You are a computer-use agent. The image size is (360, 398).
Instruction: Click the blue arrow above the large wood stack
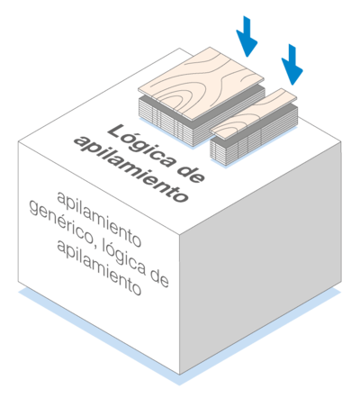247,36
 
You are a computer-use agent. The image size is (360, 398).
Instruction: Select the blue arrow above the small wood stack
292,65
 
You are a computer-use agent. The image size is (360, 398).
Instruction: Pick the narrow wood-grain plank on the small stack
254,114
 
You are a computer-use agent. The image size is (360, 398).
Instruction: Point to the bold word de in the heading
191,174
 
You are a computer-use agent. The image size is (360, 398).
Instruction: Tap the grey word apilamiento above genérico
99,219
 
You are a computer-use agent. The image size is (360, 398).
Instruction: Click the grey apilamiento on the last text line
99,267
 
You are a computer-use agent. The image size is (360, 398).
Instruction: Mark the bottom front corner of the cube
180,375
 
